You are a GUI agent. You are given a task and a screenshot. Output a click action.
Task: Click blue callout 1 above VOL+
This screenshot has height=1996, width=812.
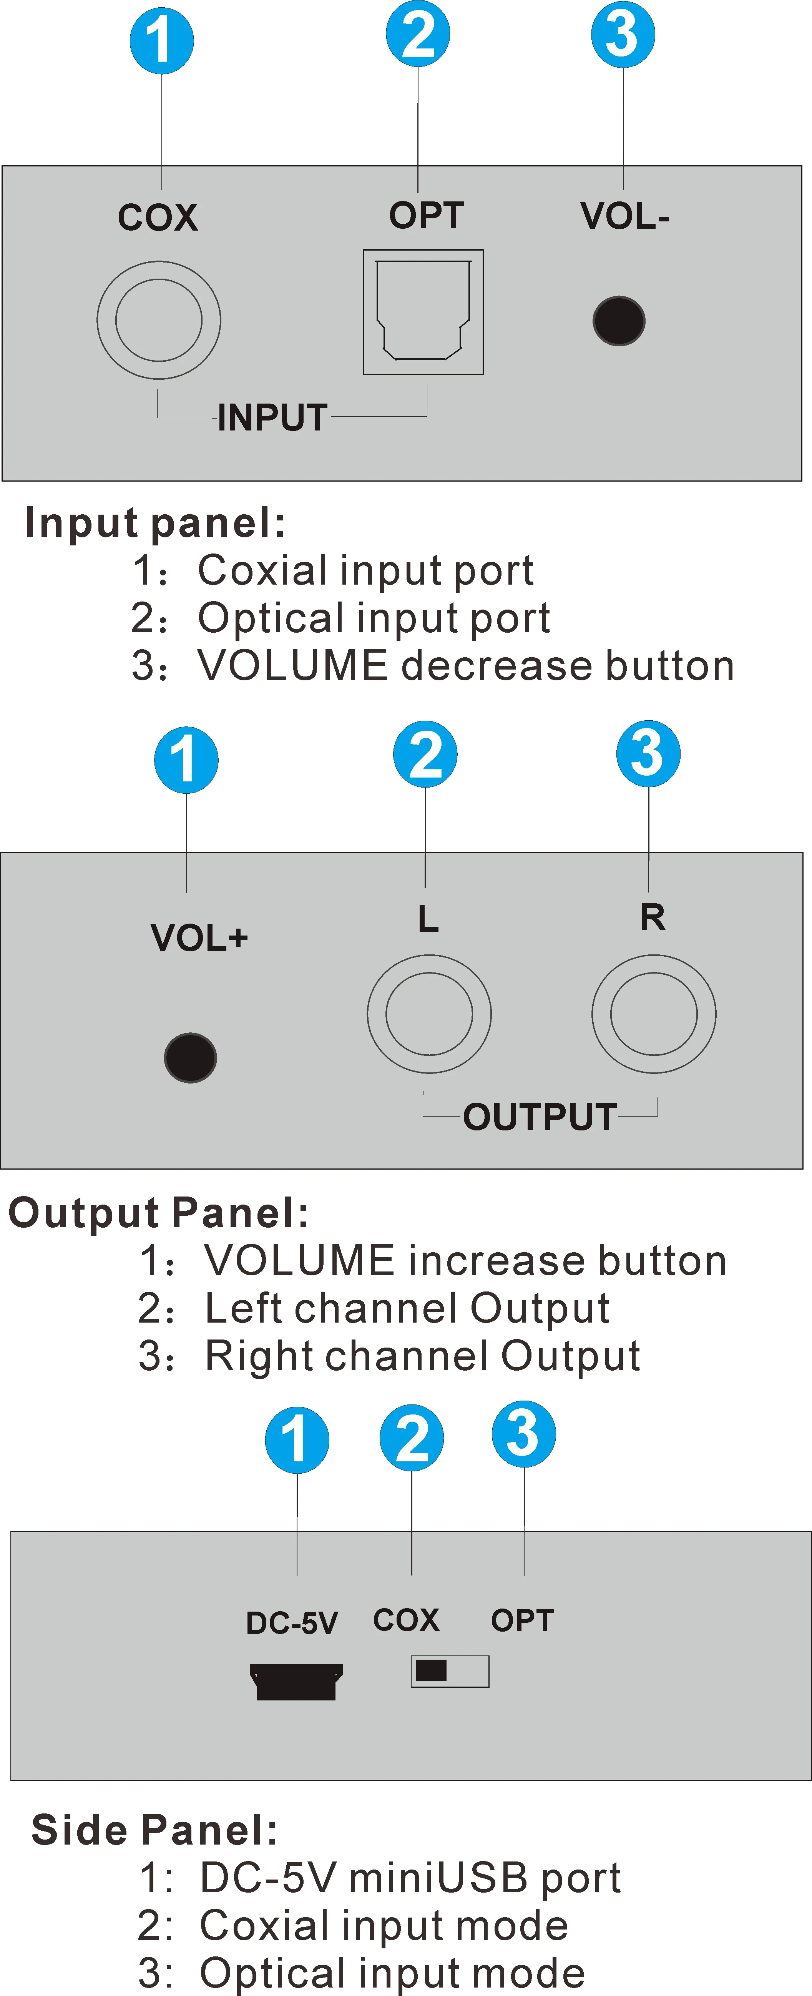click(186, 760)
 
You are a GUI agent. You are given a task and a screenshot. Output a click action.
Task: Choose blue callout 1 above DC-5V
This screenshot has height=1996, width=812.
click(297, 1440)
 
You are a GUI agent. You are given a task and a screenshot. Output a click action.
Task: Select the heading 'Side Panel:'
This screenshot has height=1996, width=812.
click(155, 1830)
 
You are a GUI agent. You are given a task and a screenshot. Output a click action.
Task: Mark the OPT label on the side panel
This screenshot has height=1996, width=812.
click(522, 1620)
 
